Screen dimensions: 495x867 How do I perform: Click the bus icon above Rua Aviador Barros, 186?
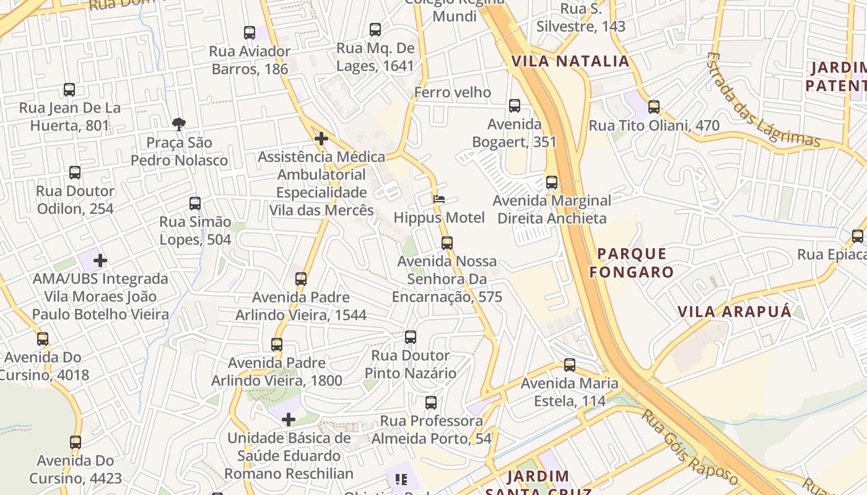[250, 33]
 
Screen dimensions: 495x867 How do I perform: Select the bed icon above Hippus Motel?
[439, 199]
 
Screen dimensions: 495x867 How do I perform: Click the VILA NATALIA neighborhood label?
[570, 61]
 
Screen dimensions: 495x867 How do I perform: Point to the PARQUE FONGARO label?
[632, 263]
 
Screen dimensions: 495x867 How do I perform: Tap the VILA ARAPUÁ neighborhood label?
[734, 311]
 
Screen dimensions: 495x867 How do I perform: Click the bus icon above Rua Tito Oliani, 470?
[654, 107]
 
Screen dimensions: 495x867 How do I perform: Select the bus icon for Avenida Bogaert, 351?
[515, 106]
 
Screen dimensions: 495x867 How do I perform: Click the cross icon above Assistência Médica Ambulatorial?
[321, 139]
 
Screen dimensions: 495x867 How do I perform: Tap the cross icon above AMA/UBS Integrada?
[100, 260]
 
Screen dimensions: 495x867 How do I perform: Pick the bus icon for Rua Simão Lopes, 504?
[195, 203]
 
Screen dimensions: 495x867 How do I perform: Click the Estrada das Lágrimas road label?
[763, 101]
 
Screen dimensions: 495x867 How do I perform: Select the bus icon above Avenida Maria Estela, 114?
[570, 365]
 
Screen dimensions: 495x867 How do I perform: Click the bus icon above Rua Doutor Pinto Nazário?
[411, 337]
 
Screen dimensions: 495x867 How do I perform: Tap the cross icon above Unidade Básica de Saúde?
[289, 420]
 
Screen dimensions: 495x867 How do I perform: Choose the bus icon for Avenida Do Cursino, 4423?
[76, 442]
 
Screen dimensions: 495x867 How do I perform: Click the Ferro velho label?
[453, 93]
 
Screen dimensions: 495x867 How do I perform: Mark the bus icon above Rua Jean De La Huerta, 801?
[69, 90]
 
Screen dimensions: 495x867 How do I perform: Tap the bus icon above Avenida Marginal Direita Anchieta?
[552, 183]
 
